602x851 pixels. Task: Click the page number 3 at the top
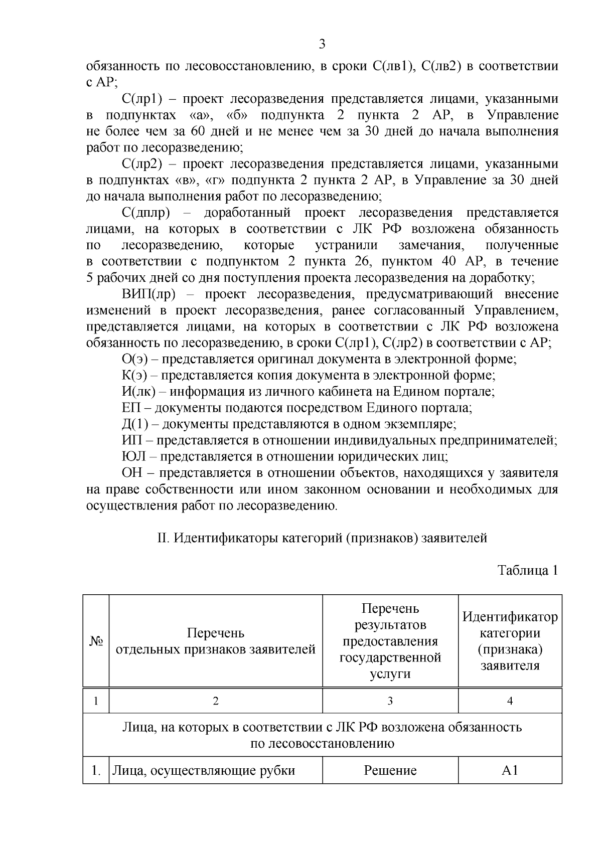(322, 44)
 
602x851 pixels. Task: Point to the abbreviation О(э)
(134, 359)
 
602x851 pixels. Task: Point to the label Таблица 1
(527, 570)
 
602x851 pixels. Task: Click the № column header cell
(96, 641)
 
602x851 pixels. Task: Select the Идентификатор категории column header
(510, 641)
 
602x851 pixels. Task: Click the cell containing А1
(510, 770)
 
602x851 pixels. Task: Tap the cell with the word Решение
(390, 770)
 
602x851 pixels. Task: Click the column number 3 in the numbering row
(390, 701)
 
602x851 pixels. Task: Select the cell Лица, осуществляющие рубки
(204, 770)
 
